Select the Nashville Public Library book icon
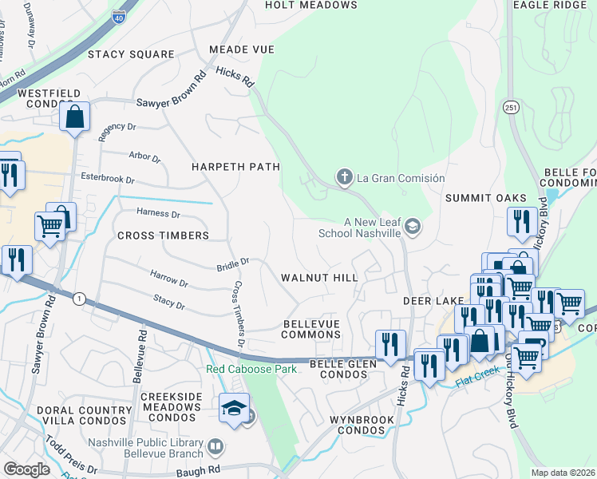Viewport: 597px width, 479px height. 215,446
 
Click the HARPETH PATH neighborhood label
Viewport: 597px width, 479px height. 235,167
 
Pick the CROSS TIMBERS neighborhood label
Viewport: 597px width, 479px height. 163,236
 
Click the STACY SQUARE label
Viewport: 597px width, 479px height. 131,54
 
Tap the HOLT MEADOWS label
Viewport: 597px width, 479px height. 311,5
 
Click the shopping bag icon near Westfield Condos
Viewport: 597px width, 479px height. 74,117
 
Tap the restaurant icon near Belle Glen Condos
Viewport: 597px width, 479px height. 390,345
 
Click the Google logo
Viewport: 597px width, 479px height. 26,469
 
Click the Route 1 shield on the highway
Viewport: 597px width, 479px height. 78,298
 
